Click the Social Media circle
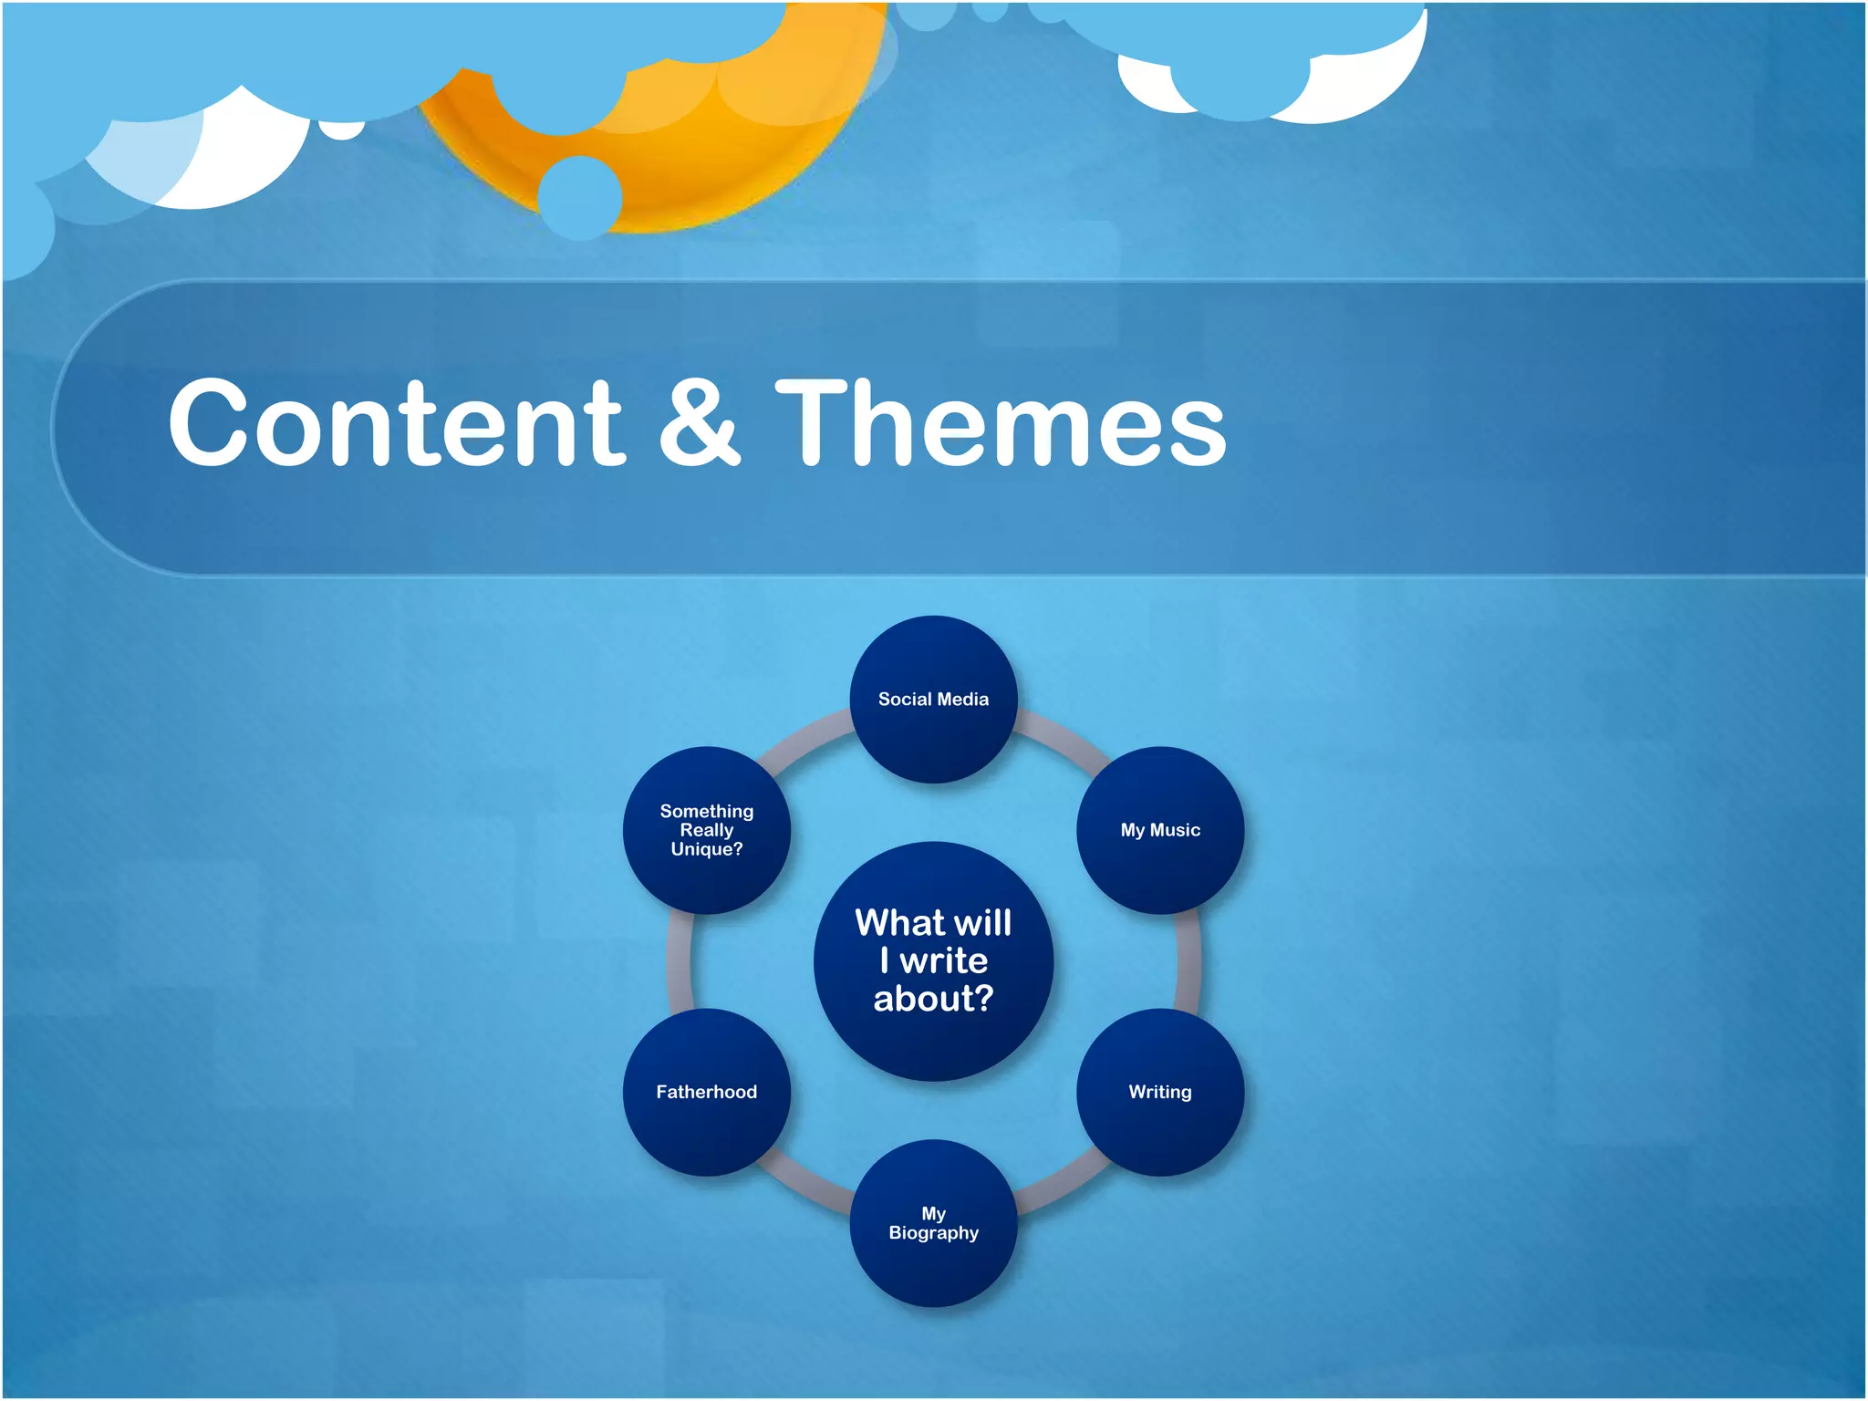[933, 700]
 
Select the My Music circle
[1160, 830]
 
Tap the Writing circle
[1160, 1092]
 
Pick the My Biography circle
[933, 1223]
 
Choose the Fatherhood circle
[707, 1092]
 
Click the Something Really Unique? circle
[707, 830]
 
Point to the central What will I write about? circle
[933, 961]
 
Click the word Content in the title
[397, 424]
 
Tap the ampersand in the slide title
[699, 424]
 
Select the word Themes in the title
[1001, 424]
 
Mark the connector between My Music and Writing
[1188, 961]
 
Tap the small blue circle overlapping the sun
[580, 197]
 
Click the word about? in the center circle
[933, 999]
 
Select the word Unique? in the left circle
[707, 849]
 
